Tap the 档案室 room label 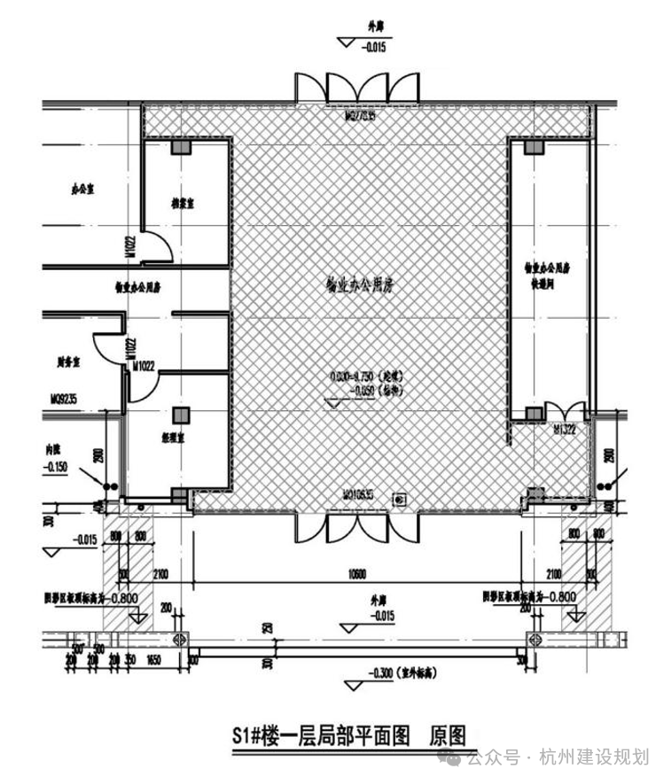(x=183, y=203)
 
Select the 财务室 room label (x=68, y=361)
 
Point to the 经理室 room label (x=183, y=436)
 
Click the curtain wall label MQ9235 (x=64, y=399)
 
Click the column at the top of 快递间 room (x=532, y=147)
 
